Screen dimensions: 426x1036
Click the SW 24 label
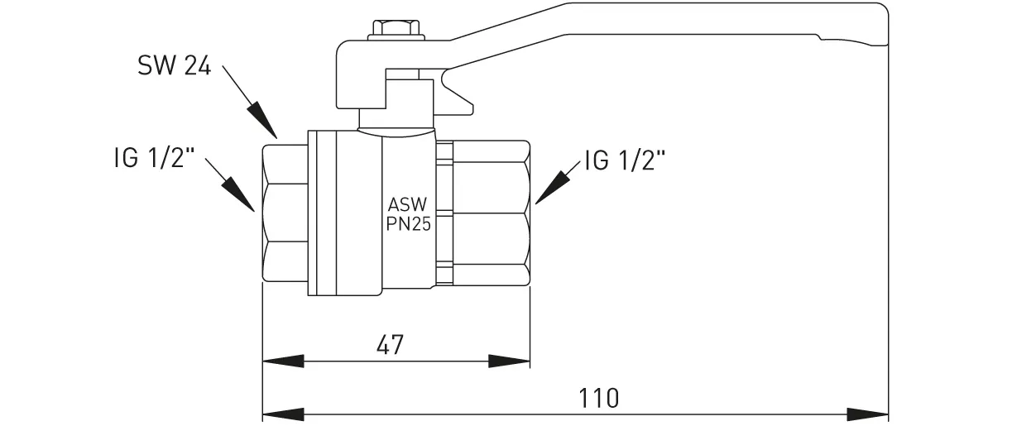point(175,67)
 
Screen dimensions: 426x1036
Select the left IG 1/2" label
point(154,159)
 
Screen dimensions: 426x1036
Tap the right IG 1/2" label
point(625,160)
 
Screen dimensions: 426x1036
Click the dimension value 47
point(390,344)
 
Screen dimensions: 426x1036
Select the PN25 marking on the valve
point(409,224)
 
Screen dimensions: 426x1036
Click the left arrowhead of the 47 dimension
point(282,361)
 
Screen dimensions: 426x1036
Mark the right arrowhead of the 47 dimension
point(510,361)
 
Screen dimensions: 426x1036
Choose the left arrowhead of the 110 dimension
point(282,413)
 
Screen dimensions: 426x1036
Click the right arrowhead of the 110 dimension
point(868,413)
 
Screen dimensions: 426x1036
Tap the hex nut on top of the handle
point(397,29)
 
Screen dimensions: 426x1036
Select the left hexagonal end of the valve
point(285,214)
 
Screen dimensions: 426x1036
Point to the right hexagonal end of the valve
point(488,214)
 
